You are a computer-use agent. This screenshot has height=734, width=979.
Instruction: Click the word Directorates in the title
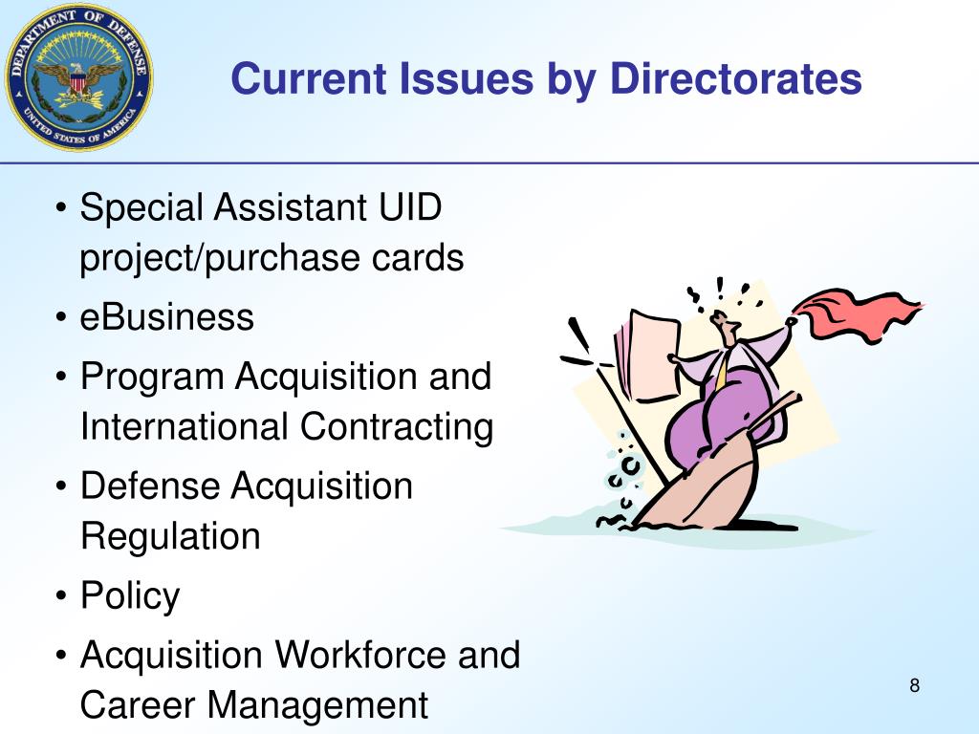pyautogui.click(x=736, y=78)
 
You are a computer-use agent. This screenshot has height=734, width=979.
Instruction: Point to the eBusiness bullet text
pyautogui.click(x=167, y=317)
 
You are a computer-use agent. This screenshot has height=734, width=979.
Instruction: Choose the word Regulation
pyautogui.click(x=170, y=536)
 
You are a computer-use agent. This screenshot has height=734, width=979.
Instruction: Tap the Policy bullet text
pyautogui.click(x=130, y=596)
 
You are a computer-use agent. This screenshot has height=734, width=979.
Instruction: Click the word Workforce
pyautogui.click(x=362, y=656)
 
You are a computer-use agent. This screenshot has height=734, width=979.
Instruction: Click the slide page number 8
pyautogui.click(x=914, y=685)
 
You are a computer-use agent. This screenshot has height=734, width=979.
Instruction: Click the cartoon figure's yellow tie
pyautogui.click(x=722, y=373)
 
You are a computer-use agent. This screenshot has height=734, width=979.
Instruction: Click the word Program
pyautogui.click(x=153, y=377)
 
